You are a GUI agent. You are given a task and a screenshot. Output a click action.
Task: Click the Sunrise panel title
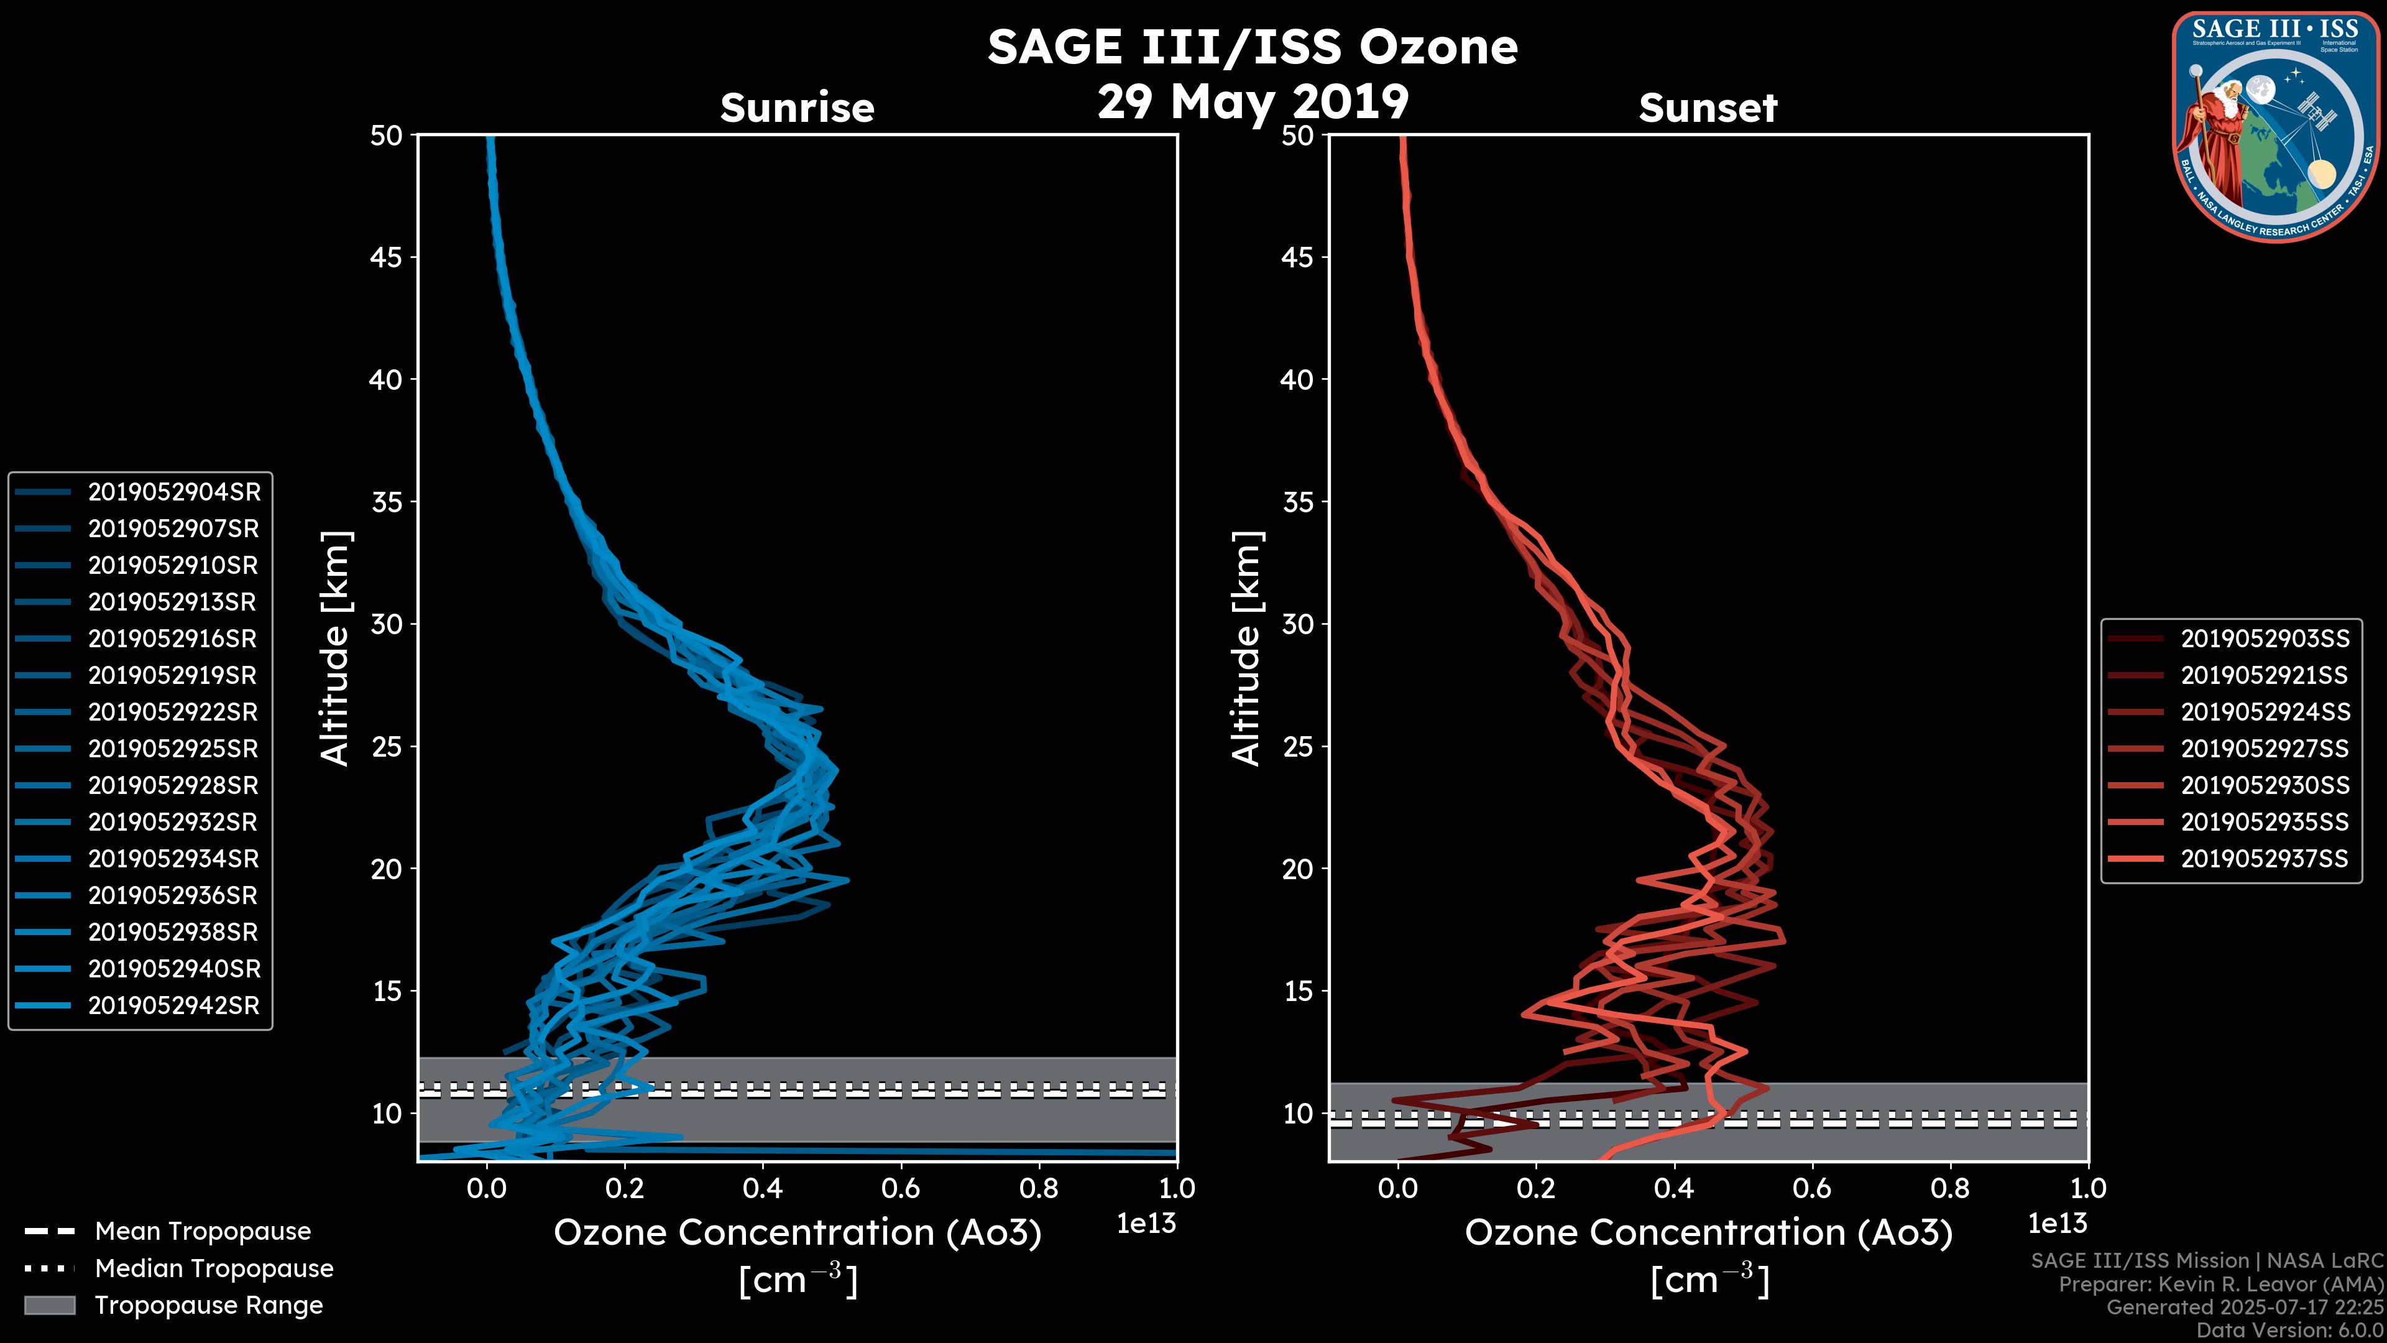pyautogui.click(x=797, y=108)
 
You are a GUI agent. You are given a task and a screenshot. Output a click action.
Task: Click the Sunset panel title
pyautogui.click(x=1708, y=108)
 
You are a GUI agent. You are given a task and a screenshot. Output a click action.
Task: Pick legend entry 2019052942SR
pyautogui.click(x=173, y=1005)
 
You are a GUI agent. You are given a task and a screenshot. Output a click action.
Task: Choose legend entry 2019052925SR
pyautogui.click(x=173, y=748)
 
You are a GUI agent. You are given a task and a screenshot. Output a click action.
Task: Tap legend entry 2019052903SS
pyautogui.click(x=2264, y=639)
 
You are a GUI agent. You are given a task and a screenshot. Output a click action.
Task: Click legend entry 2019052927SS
pyautogui.click(x=2264, y=748)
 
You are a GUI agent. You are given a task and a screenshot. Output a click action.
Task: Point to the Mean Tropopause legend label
pyautogui.click(x=202, y=1231)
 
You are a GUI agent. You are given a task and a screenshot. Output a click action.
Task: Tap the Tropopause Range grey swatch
pyautogui.click(x=49, y=1305)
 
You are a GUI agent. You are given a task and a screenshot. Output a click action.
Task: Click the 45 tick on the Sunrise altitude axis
pyautogui.click(x=387, y=257)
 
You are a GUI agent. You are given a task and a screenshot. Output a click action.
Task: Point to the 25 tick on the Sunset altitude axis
pyautogui.click(x=1298, y=746)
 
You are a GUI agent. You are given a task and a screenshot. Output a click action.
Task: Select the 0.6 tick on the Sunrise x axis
pyautogui.click(x=901, y=1188)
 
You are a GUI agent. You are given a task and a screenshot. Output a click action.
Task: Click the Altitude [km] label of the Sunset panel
pyautogui.click(x=1247, y=648)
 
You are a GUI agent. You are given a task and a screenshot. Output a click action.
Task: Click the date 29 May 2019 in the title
pyautogui.click(x=1253, y=101)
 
